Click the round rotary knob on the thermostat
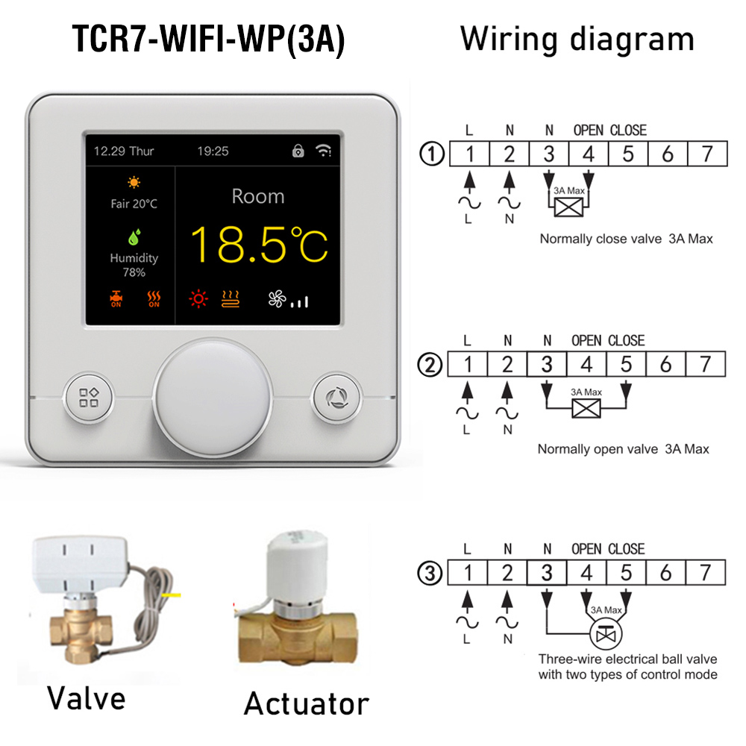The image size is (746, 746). [x=213, y=398]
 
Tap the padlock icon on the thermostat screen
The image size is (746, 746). [x=298, y=151]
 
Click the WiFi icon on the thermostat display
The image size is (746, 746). [x=324, y=151]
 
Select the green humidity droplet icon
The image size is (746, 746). [x=134, y=237]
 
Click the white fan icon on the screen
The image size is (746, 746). [x=277, y=299]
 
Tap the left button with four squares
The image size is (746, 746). [x=89, y=398]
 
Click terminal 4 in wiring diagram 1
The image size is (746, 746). [x=589, y=154]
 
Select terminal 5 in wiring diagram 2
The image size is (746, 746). [x=626, y=365]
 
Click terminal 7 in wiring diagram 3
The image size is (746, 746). [x=706, y=573]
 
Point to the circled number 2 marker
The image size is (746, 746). [x=430, y=366]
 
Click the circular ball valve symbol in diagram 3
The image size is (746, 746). [x=606, y=633]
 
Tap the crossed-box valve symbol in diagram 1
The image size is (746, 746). [x=568, y=207]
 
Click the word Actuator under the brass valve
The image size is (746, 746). [x=307, y=703]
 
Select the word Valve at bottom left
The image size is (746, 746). [x=86, y=698]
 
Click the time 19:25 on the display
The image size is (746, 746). [x=213, y=151]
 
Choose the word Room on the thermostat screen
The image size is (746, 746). [x=258, y=196]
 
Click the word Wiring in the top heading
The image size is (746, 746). [x=509, y=40]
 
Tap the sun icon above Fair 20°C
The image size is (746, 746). [x=134, y=182]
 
